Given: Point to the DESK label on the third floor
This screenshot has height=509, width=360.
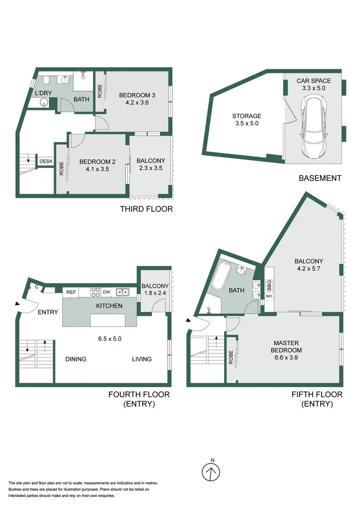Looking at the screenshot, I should click(x=46, y=161).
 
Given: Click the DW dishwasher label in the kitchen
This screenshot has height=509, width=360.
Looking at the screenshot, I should click(x=106, y=291).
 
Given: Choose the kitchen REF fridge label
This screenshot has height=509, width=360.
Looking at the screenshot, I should click(x=71, y=291).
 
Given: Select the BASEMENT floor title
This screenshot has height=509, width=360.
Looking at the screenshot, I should click(x=320, y=178).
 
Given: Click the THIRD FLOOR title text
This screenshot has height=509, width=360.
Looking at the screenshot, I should click(x=146, y=209).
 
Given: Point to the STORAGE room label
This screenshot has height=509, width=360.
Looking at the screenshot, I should click(x=247, y=116).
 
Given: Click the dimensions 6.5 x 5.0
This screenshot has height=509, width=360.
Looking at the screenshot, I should click(x=110, y=339).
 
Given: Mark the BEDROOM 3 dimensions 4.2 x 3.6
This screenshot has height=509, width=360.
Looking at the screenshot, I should click(x=137, y=102).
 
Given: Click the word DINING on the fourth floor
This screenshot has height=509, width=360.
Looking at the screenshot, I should click(x=76, y=359).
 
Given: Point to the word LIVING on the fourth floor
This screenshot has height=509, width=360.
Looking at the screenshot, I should click(x=142, y=359).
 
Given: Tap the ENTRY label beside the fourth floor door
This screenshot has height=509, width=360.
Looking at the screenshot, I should click(x=48, y=312).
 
